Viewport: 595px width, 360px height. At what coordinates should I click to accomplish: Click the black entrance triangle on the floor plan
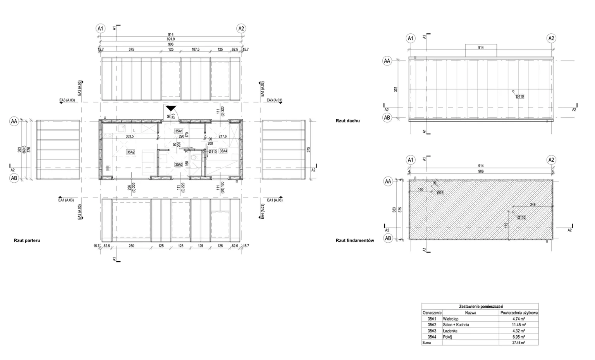(x=171, y=109)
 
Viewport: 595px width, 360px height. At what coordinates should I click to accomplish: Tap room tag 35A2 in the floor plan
(x=131, y=152)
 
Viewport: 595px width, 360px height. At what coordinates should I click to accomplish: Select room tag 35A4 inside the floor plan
(x=223, y=151)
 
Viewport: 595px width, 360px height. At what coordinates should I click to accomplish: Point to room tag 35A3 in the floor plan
(x=179, y=164)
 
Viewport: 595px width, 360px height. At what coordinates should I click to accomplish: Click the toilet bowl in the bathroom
(x=194, y=157)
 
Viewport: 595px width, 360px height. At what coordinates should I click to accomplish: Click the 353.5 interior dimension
(x=130, y=136)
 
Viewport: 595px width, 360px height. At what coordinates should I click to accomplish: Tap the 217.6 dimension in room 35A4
(x=223, y=136)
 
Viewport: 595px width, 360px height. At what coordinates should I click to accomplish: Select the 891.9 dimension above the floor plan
(x=170, y=39)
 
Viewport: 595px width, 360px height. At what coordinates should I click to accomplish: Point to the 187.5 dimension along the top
(x=195, y=50)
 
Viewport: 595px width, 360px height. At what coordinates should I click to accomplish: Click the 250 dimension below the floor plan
(x=131, y=246)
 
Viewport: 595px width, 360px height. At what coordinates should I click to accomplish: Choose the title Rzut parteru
(x=27, y=240)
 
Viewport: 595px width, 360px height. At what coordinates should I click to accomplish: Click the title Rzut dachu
(x=347, y=121)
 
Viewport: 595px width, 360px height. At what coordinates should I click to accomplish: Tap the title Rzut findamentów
(x=355, y=240)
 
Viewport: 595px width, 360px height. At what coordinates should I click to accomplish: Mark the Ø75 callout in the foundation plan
(x=440, y=192)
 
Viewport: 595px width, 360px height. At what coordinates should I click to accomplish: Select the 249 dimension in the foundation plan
(x=533, y=204)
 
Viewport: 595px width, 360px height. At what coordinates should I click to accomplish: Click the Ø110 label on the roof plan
(x=520, y=96)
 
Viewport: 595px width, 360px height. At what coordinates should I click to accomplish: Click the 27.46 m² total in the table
(x=518, y=343)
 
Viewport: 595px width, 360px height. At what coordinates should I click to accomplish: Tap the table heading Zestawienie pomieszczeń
(x=480, y=306)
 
